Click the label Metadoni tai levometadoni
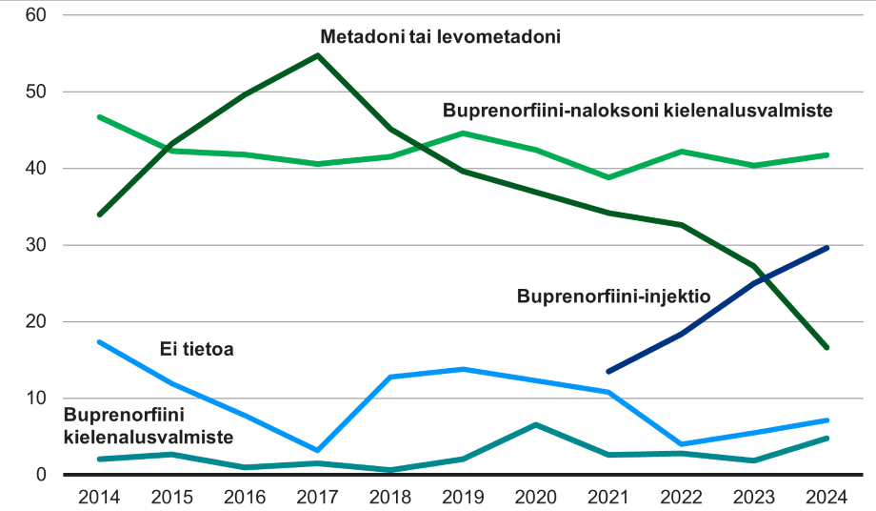click(x=439, y=38)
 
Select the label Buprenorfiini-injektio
click(x=614, y=296)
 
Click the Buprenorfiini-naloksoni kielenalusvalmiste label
click(x=638, y=111)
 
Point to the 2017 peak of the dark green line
click(x=317, y=55)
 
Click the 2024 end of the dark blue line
click(x=827, y=248)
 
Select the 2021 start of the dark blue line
click(x=608, y=371)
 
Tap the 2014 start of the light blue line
click(x=99, y=341)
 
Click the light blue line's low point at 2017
click(x=317, y=450)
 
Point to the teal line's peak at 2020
click(x=536, y=424)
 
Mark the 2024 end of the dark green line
click(x=827, y=347)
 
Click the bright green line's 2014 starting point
click(x=99, y=116)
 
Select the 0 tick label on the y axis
click(x=41, y=475)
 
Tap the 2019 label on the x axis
click(x=463, y=497)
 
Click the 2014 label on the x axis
click(x=99, y=497)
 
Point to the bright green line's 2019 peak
click(x=463, y=133)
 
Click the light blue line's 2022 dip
click(x=682, y=444)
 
